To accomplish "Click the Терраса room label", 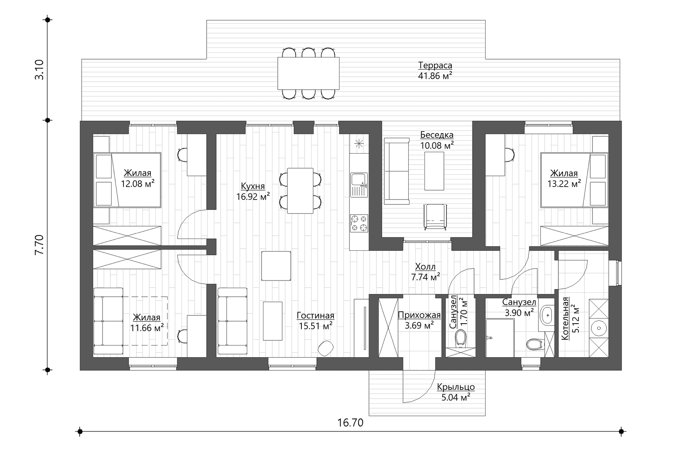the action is (435, 66).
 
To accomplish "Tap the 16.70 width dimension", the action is (350, 423).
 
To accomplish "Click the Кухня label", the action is (253, 186).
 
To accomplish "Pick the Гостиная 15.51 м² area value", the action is (315, 326).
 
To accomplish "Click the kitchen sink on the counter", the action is (359, 185).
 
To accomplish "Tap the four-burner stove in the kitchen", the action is (359, 223).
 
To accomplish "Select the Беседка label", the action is (437, 135).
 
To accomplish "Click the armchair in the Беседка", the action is (435, 216).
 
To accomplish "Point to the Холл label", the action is (425, 267).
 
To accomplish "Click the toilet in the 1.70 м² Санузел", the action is (460, 338).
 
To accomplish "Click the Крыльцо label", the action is (456, 387).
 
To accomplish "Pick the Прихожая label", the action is (419, 315).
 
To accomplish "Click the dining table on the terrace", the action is (308, 74).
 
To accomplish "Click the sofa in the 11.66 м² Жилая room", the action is (108, 321).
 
